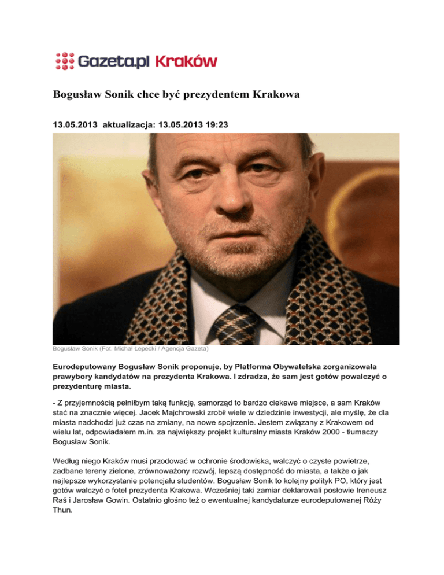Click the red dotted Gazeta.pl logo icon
tap(65, 61)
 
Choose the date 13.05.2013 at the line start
tap(76, 124)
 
